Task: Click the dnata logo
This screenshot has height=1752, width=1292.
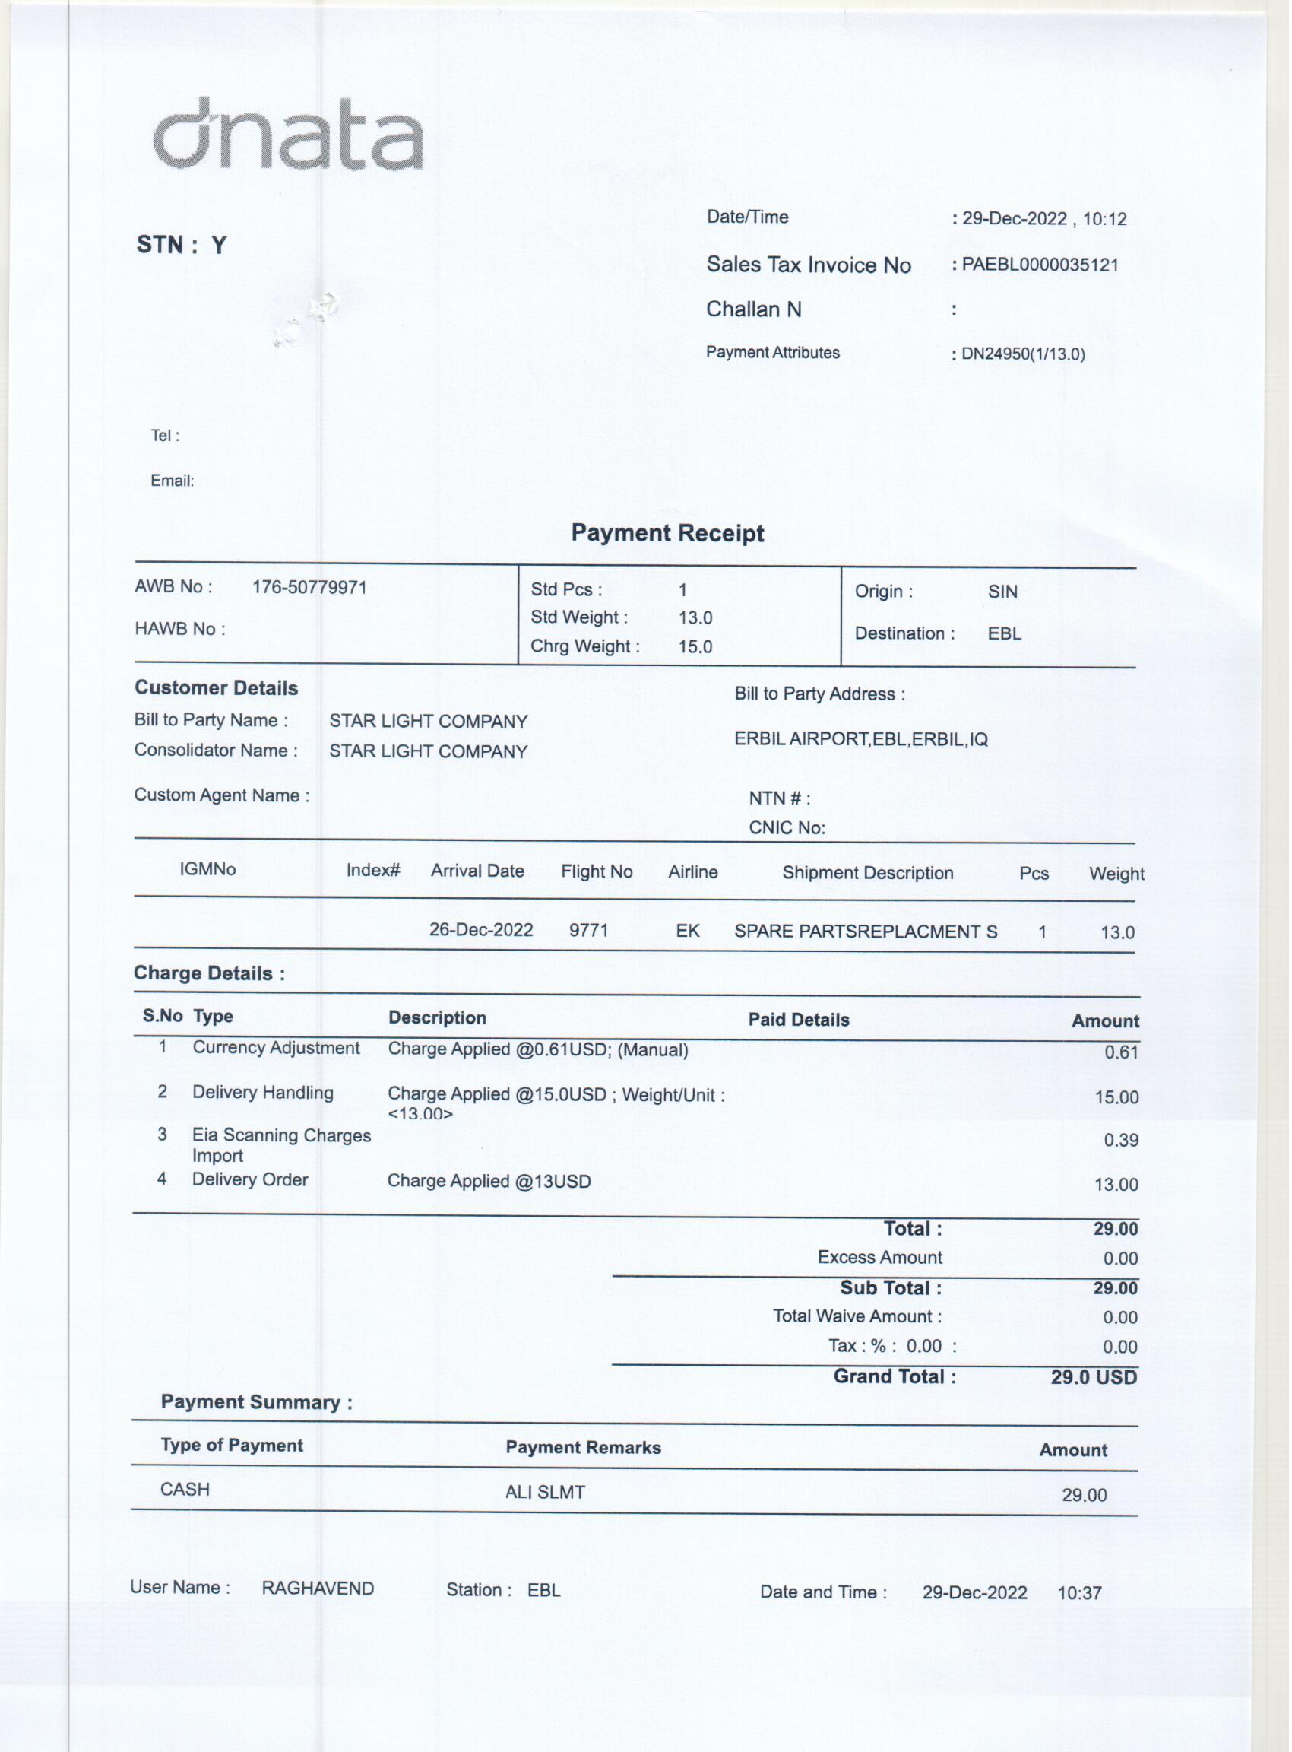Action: pyautogui.click(x=288, y=135)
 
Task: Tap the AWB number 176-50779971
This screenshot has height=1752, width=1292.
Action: pyautogui.click(x=310, y=588)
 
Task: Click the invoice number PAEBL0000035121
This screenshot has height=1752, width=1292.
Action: pyautogui.click(x=1040, y=265)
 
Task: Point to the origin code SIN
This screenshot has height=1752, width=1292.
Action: pyautogui.click(x=1002, y=592)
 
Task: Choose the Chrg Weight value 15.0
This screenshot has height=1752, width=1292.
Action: pyautogui.click(x=695, y=647)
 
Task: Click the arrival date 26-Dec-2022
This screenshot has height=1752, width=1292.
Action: pyautogui.click(x=481, y=931)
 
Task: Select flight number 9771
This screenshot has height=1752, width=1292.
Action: pyautogui.click(x=588, y=932)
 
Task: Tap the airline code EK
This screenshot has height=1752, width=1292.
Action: pyautogui.click(x=688, y=932)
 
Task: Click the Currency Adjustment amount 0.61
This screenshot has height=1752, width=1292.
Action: pyautogui.click(x=1121, y=1052)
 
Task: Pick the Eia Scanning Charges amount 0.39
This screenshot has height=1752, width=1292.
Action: pyautogui.click(x=1121, y=1141)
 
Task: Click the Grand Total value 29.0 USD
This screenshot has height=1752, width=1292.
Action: pyautogui.click(x=1094, y=1378)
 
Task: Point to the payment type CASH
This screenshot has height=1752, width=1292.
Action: pyautogui.click(x=185, y=1490)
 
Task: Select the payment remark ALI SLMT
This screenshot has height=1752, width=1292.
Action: pyautogui.click(x=545, y=1493)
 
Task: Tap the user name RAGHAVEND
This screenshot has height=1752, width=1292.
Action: pyautogui.click(x=318, y=1589)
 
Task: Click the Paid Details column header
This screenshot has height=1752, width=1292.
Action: pyautogui.click(x=799, y=1020)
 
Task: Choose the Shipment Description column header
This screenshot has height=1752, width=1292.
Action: pyautogui.click(x=867, y=873)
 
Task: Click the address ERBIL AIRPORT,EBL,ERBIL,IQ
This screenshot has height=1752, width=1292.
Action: pyautogui.click(x=860, y=739)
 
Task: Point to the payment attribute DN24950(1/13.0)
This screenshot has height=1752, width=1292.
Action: pyautogui.click(x=1023, y=354)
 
